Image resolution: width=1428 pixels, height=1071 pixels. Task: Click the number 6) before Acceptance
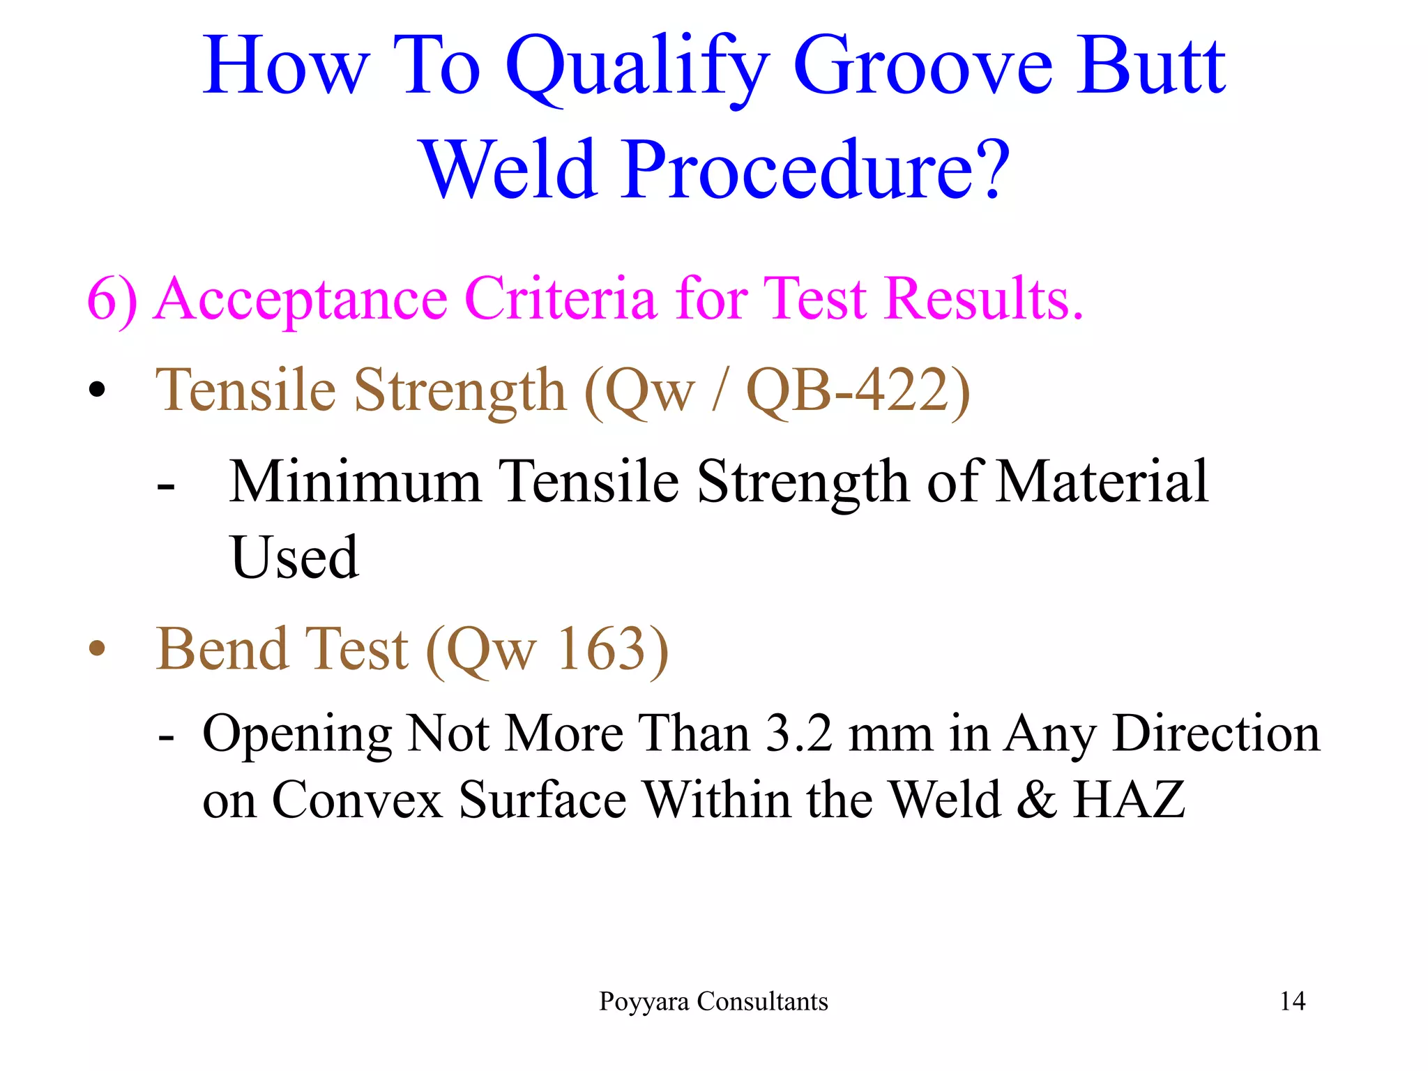tap(112, 300)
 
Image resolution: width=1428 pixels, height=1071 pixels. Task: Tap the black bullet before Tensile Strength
tap(97, 390)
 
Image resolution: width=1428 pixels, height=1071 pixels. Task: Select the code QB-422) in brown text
tap(858, 390)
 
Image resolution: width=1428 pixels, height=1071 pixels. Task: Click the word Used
tap(294, 557)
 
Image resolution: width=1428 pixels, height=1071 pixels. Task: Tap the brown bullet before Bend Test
tap(97, 649)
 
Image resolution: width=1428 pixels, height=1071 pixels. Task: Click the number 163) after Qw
tap(612, 649)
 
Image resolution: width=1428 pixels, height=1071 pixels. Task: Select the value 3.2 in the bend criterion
tap(798, 734)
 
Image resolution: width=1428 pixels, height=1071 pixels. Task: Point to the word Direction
tap(1216, 734)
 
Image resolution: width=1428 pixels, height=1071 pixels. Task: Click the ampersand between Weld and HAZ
tap(1036, 799)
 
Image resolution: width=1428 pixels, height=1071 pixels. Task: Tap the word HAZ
tap(1129, 799)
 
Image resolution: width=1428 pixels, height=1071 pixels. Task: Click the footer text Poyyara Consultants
tap(713, 1001)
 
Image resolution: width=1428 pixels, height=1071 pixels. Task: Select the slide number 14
tap(1292, 1001)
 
